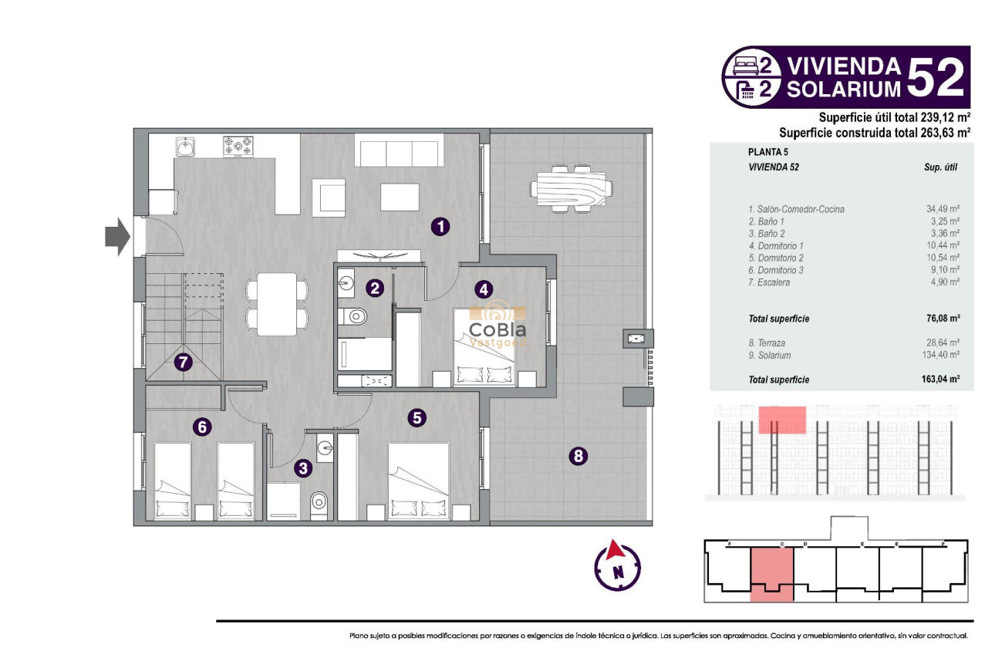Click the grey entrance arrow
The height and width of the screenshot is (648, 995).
tap(118, 236)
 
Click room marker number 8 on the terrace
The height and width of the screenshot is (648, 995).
tap(578, 457)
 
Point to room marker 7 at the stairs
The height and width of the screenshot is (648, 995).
tap(183, 362)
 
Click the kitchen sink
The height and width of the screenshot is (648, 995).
tap(185, 146)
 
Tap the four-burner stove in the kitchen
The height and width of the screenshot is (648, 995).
tap(238, 146)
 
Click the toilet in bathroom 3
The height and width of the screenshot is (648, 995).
tap(319, 504)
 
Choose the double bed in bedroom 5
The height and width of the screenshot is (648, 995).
tap(420, 482)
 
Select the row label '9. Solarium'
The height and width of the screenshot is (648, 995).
tap(770, 356)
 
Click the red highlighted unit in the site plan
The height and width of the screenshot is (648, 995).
tap(772, 573)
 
